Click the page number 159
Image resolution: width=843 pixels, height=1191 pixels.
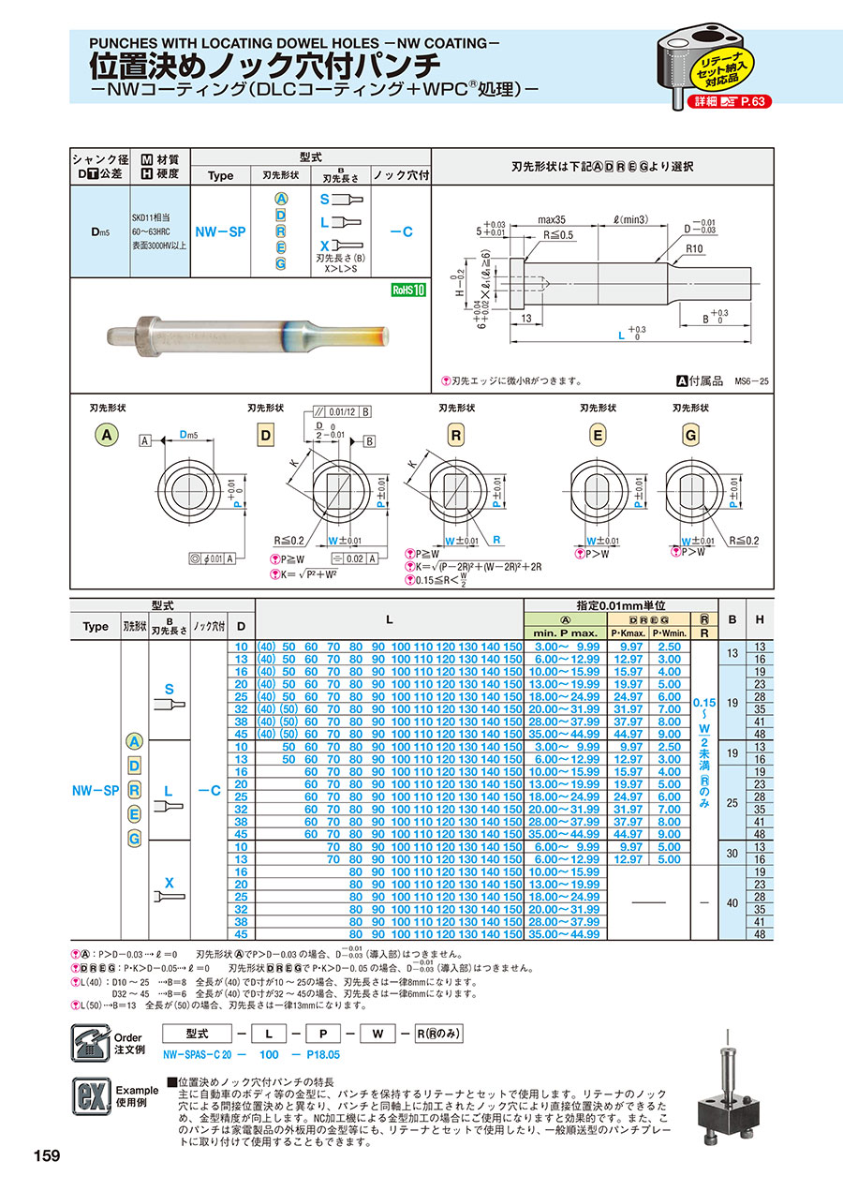click(46, 1155)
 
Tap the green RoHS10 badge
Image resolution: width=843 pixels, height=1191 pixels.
click(408, 290)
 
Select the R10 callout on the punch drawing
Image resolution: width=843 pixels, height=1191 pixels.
click(693, 250)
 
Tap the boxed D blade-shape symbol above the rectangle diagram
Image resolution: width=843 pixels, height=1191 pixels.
click(264, 435)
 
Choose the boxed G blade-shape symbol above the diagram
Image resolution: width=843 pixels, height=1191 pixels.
click(691, 435)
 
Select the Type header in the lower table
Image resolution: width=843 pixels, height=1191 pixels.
click(96, 627)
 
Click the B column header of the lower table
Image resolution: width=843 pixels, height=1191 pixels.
click(732, 618)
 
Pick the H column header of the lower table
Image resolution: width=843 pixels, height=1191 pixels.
click(760, 618)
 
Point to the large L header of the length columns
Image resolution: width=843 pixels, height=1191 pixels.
click(389, 619)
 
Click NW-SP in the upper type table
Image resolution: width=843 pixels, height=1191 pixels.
click(219, 231)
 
